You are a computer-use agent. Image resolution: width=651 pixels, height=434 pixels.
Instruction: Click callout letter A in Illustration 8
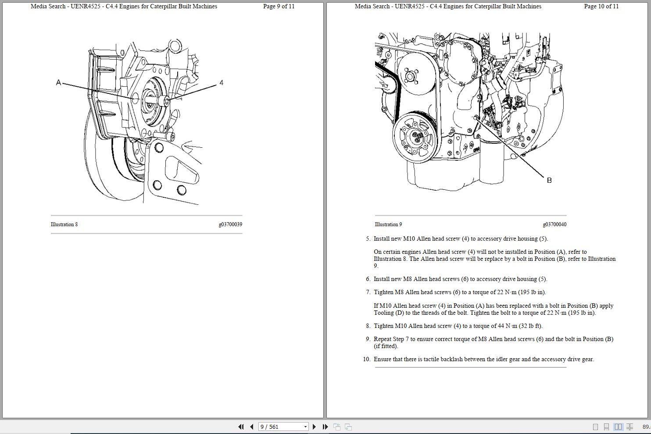[x=58, y=82]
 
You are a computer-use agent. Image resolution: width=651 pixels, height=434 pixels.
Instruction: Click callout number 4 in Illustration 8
[x=221, y=82]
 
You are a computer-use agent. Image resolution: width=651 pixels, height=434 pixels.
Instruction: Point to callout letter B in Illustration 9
[x=549, y=180]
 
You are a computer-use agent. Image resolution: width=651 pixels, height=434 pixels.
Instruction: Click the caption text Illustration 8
[x=64, y=224]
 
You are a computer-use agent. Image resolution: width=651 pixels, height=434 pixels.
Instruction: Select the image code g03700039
[x=230, y=224]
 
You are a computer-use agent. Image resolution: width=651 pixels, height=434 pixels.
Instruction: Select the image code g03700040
[x=554, y=224]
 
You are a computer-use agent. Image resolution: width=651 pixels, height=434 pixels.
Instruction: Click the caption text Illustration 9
[x=388, y=224]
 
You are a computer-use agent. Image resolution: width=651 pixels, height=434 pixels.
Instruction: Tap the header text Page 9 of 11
[x=279, y=7]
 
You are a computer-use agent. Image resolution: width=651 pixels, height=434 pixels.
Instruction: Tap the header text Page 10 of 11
[x=601, y=7]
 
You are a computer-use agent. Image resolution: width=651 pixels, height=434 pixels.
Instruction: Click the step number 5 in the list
[x=368, y=239]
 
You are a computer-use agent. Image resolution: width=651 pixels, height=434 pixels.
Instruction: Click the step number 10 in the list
[x=366, y=359]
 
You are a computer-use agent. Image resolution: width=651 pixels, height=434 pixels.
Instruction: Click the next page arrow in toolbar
[x=314, y=427]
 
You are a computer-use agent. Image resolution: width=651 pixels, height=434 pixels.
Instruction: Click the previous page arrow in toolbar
[x=251, y=427]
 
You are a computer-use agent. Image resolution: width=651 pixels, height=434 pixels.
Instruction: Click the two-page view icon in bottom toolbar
[x=618, y=427]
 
